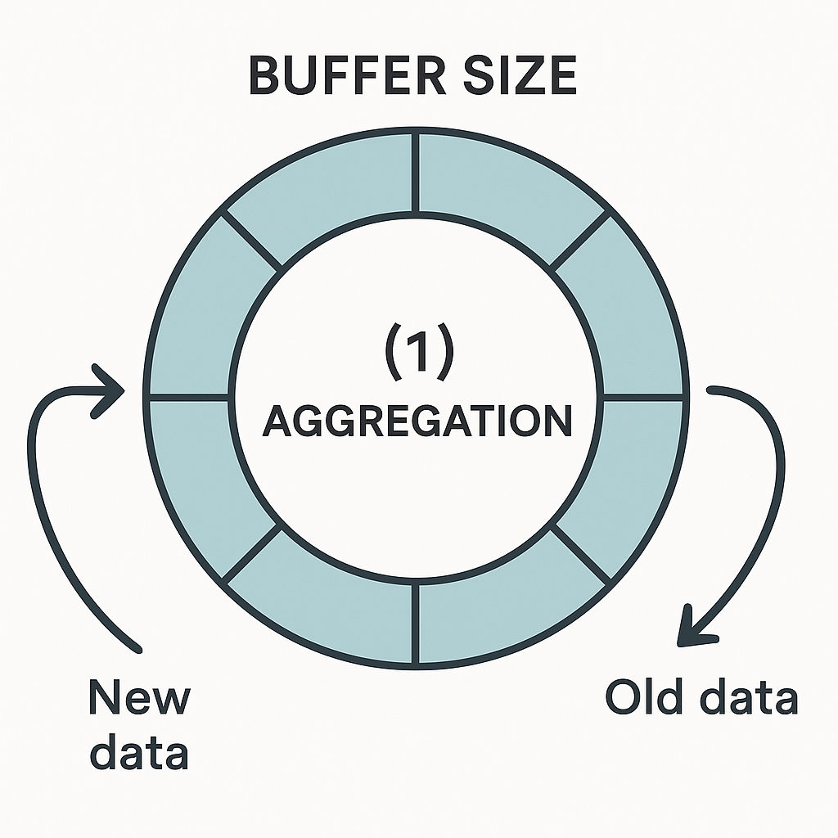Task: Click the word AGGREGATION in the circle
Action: click(417, 421)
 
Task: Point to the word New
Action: click(139, 698)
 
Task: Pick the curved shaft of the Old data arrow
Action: click(773, 491)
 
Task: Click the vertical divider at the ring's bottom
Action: click(418, 624)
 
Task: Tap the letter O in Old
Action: click(622, 698)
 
